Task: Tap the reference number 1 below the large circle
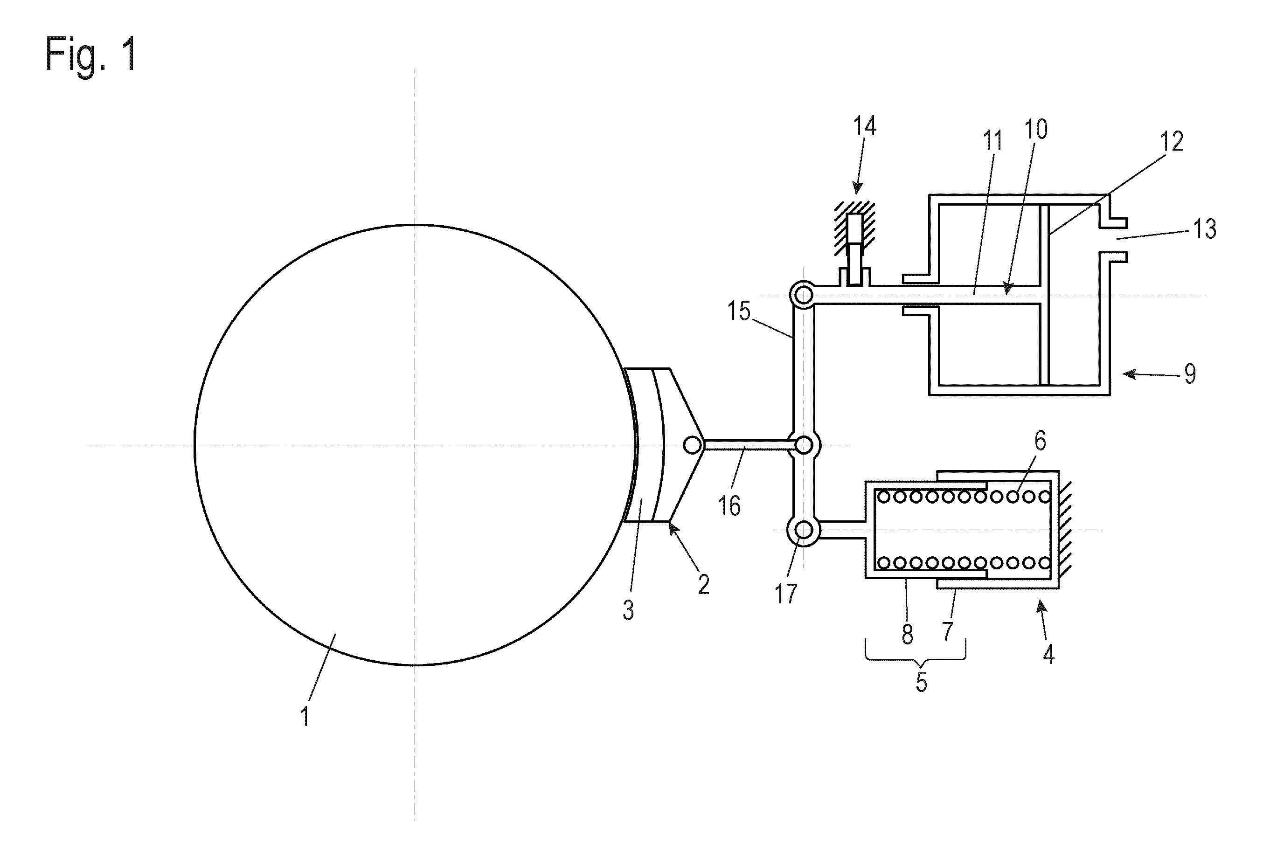point(305,716)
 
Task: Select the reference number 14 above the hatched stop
point(865,125)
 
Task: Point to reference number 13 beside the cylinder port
point(1204,229)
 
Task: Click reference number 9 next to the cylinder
point(1190,373)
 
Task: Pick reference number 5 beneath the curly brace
point(921,682)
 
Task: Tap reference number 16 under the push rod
point(729,505)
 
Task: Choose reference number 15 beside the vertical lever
point(739,311)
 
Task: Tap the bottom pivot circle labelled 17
point(803,529)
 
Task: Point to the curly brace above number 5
point(916,654)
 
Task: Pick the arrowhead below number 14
point(858,187)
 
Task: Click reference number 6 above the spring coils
point(1040,441)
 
